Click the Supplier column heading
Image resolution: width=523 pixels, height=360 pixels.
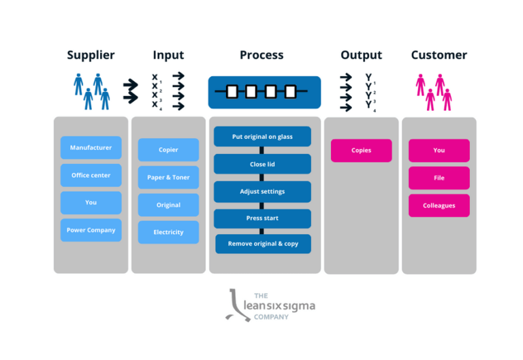pos(91,55)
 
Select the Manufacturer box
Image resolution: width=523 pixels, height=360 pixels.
pos(91,148)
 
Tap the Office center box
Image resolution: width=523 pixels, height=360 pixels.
pos(91,176)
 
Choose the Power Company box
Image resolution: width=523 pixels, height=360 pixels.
pos(91,230)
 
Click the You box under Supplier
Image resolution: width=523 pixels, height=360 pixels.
pos(91,203)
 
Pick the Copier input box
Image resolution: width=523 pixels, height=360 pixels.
pos(168,150)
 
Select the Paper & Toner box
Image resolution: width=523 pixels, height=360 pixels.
pos(168,178)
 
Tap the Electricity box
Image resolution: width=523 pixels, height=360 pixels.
pos(168,232)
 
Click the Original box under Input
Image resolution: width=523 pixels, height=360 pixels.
pos(168,205)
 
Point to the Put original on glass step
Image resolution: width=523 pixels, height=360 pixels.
pos(262,137)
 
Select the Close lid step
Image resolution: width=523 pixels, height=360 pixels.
pos(262,164)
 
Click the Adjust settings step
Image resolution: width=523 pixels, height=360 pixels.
pos(262,191)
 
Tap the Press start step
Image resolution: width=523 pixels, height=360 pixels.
pos(262,218)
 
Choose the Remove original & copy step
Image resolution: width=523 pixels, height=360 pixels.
pos(262,244)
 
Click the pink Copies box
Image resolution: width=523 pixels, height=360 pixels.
pos(361,150)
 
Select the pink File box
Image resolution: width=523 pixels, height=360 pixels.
pos(439,178)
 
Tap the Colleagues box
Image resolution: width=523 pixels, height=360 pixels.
pos(439,206)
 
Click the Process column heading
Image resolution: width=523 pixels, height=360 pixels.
pos(261,55)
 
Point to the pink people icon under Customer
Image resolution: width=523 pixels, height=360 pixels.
pos(434,92)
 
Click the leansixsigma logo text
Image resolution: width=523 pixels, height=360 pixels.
pos(279,306)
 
